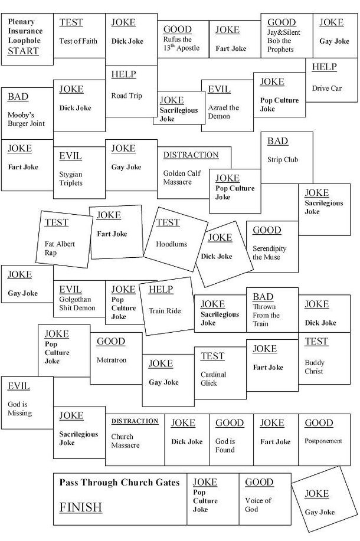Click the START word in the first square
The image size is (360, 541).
(23, 51)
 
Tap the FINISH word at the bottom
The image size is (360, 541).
(80, 507)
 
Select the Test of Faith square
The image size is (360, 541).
(79, 35)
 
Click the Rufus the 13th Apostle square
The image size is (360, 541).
(183, 39)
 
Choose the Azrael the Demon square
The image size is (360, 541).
(227, 106)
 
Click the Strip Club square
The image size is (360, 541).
(286, 156)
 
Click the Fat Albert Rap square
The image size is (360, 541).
(65, 238)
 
